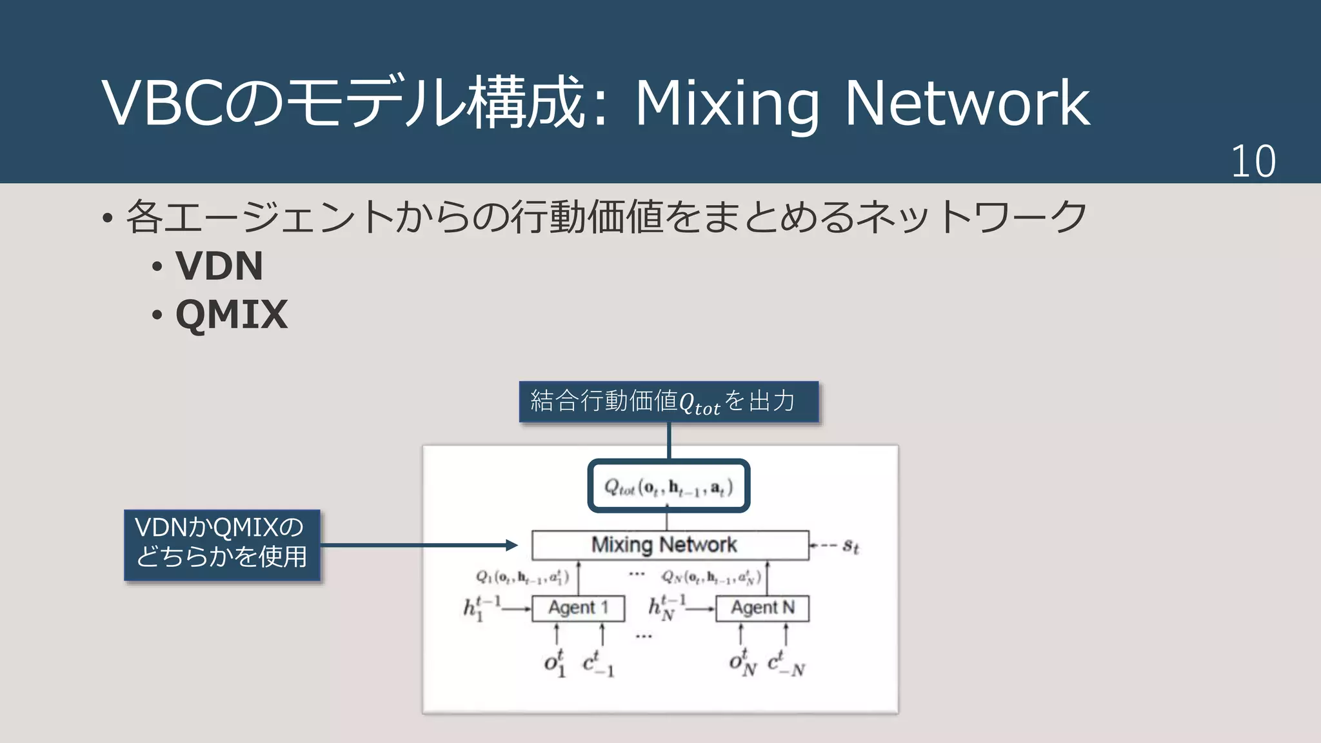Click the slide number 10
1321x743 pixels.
tap(1253, 161)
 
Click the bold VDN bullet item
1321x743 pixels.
tap(219, 266)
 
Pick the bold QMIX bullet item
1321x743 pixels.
tap(231, 315)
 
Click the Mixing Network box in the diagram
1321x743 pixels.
tap(670, 545)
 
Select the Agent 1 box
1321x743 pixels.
tap(578, 608)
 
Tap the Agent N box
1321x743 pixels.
tap(762, 608)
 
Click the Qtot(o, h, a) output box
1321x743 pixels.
tap(668, 486)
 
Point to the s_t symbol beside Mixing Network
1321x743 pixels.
tap(851, 547)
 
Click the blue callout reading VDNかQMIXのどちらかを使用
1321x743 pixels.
tap(222, 545)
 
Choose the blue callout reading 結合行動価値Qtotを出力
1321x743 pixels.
tap(668, 402)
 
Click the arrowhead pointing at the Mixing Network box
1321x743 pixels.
tap(512, 546)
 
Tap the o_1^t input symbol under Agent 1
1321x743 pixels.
tap(555, 663)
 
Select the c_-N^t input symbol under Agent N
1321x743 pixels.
tap(786, 663)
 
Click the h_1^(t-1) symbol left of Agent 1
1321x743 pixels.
tap(481, 608)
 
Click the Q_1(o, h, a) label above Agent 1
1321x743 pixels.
tap(522, 577)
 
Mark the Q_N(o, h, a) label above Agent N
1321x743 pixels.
tap(711, 577)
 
